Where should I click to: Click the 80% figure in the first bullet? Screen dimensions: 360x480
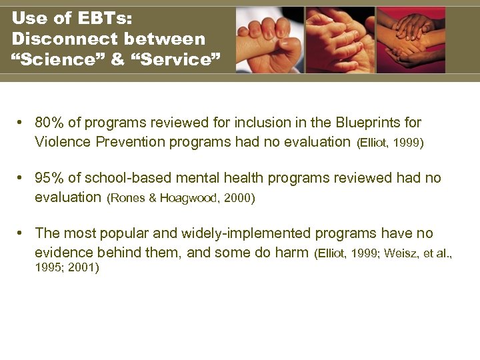[x=49, y=123]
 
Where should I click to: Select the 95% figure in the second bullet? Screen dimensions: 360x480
[x=49, y=179]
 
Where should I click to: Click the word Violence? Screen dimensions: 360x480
[x=60, y=141]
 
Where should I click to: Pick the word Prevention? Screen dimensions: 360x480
[x=123, y=141]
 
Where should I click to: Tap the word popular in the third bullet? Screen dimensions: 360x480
[x=118, y=233]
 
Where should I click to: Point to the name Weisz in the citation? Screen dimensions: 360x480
[x=392, y=253]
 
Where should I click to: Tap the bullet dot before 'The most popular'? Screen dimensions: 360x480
[x=21, y=233]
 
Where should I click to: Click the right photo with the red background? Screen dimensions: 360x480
[x=411, y=40]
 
